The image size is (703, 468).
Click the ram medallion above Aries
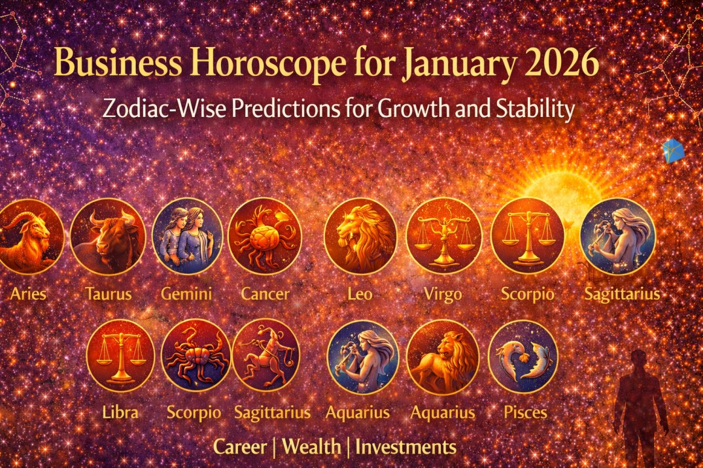point(29,236)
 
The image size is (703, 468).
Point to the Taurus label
point(108,293)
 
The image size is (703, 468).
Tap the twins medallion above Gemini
point(186,236)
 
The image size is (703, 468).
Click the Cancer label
point(265,293)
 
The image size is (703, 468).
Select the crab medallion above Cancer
point(265,236)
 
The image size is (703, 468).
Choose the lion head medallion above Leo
point(360,236)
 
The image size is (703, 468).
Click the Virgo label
point(443,293)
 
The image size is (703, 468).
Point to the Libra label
point(120,412)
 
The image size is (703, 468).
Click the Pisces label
point(525,412)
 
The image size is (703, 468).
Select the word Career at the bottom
point(240,447)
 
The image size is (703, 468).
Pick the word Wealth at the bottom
point(312,447)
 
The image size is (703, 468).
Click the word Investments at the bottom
point(405,447)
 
